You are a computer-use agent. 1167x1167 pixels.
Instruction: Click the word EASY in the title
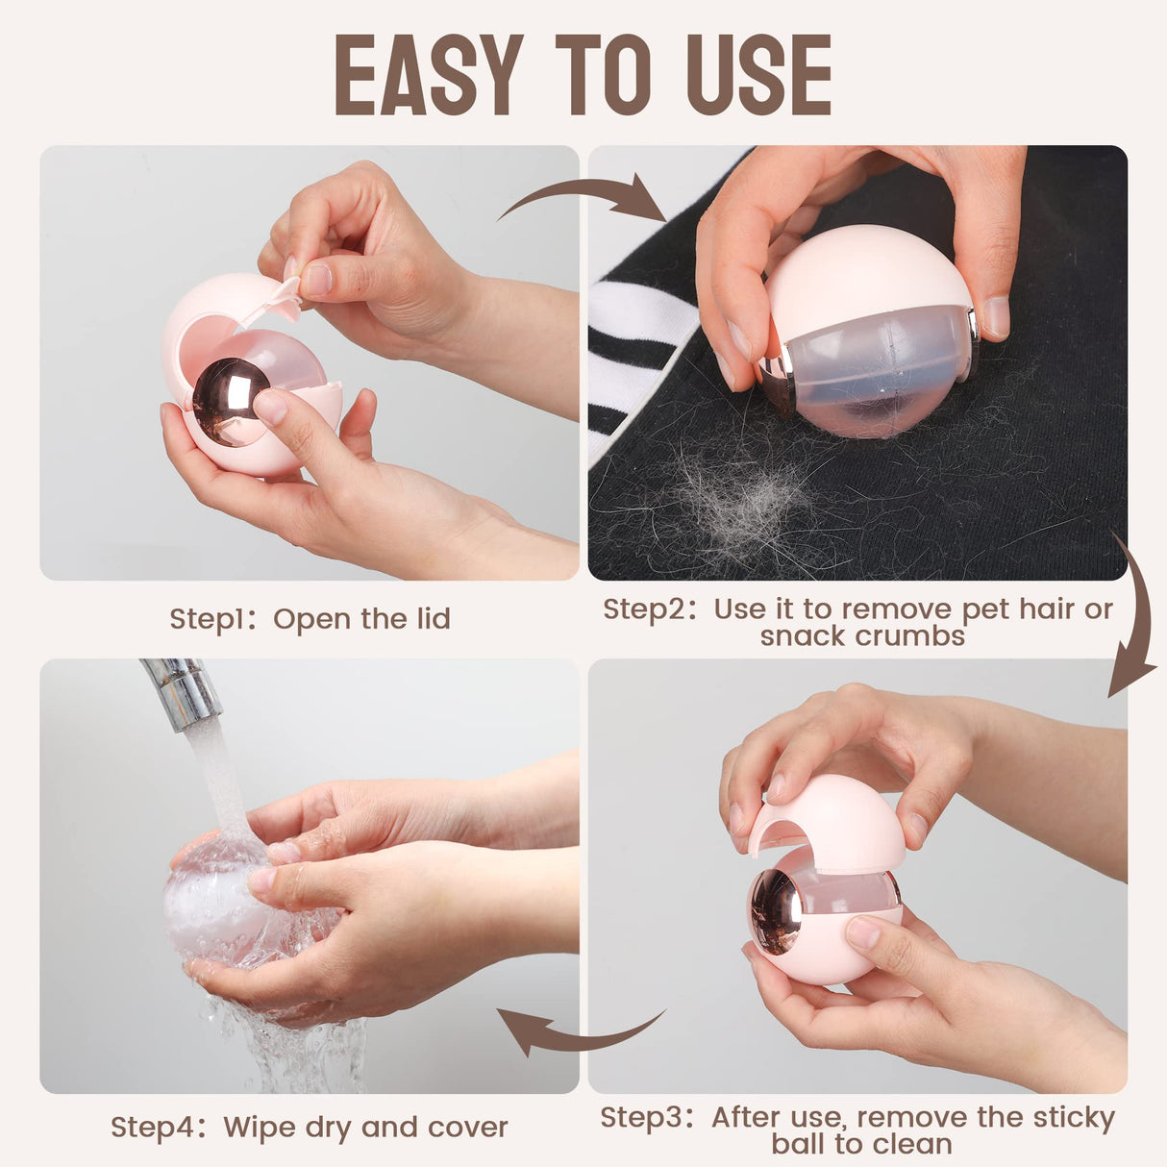click(428, 75)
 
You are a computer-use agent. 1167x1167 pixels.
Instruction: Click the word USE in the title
click(760, 75)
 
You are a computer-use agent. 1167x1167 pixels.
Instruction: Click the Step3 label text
click(645, 1118)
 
